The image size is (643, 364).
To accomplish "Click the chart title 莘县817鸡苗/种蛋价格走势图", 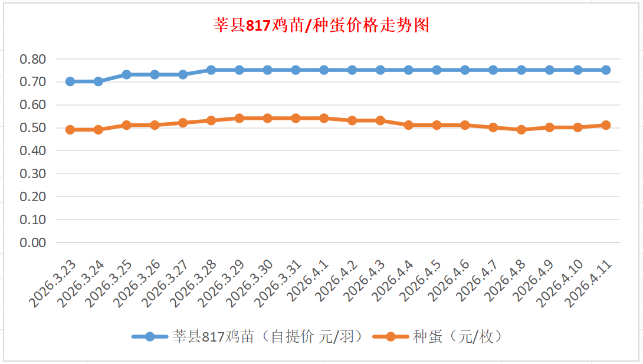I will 321,25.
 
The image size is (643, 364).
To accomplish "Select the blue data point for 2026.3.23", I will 70,81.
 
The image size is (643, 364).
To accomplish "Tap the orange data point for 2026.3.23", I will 70,130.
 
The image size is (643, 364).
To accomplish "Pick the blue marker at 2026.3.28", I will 211,70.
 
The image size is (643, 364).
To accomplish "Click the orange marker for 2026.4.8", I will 521,130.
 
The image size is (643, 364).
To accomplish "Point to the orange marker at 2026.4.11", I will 606,125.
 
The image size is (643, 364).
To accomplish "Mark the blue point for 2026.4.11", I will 606,70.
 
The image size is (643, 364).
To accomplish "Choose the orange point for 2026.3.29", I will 240,118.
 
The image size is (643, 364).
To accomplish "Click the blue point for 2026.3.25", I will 126,75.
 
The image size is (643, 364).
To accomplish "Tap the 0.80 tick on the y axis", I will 32,59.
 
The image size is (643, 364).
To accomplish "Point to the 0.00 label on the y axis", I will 32,242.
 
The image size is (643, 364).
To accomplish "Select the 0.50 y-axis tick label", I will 32,128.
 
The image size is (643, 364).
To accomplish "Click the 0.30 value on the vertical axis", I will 32,174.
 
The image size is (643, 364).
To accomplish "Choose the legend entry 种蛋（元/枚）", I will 457,337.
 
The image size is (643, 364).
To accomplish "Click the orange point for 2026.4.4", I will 409,125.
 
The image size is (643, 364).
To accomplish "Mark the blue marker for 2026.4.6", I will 465,70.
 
